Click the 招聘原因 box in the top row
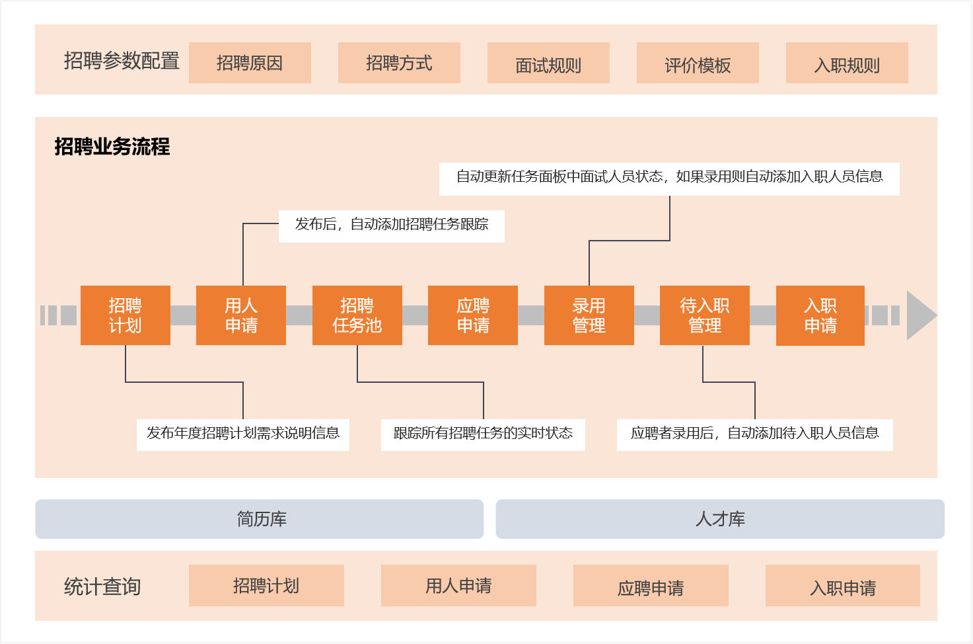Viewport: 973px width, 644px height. click(x=250, y=63)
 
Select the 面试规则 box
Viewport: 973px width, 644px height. click(x=548, y=63)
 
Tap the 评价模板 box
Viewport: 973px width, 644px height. click(x=698, y=63)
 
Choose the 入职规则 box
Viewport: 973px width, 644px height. click(x=847, y=63)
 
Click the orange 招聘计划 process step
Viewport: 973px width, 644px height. click(x=126, y=315)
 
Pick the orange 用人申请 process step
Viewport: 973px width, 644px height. click(x=241, y=315)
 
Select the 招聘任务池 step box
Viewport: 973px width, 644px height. click(x=357, y=315)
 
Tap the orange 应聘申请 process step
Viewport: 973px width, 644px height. click(x=473, y=315)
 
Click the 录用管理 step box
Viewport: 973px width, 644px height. click(x=589, y=315)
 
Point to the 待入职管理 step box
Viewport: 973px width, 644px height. click(x=705, y=315)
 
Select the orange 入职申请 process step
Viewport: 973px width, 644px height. click(x=820, y=315)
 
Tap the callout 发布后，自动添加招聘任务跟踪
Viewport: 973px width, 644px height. click(x=391, y=226)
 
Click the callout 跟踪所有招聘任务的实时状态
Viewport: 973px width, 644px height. click(x=483, y=435)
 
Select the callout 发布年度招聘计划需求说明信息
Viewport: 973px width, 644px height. click(x=243, y=435)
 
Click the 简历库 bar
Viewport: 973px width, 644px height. click(x=260, y=519)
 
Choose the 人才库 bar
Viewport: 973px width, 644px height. click(x=720, y=519)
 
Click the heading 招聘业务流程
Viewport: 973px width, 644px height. click(x=112, y=147)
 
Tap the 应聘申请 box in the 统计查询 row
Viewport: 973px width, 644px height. click(x=651, y=585)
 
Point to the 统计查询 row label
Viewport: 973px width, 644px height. click(x=102, y=586)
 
